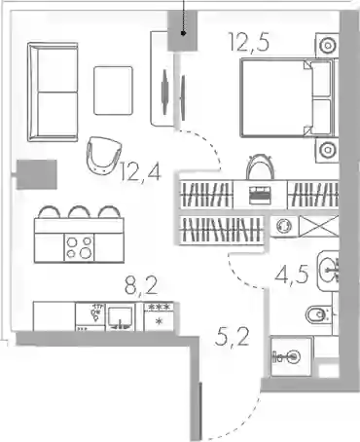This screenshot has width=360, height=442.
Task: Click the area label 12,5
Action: tap(249, 42)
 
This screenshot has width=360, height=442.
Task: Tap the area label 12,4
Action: tap(140, 171)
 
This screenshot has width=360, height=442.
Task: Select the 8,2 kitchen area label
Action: tap(141, 285)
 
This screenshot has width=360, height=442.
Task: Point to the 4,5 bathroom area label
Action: tap(291, 276)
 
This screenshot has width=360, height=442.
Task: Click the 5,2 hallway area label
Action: tap(233, 337)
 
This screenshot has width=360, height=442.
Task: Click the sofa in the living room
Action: tap(53, 92)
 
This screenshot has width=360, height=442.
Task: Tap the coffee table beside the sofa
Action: tap(113, 91)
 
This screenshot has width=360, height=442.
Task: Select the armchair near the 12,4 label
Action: tap(103, 155)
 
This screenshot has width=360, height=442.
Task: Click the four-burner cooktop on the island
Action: tap(79, 247)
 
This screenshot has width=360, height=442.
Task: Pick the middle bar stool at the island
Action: tap(79, 211)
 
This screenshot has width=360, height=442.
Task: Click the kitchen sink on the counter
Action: tap(120, 317)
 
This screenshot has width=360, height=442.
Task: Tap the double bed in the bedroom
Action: tap(286, 97)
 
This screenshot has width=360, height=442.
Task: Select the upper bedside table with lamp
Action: tap(327, 45)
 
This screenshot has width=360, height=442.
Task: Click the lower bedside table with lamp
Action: tap(327, 150)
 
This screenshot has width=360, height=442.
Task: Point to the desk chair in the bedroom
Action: tap(260, 166)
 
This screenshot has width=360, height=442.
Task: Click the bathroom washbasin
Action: tap(328, 271)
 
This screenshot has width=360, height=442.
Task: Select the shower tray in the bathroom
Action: tap(291, 356)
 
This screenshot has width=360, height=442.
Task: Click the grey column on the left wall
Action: tap(37, 174)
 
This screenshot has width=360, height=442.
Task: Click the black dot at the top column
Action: tap(183, 33)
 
